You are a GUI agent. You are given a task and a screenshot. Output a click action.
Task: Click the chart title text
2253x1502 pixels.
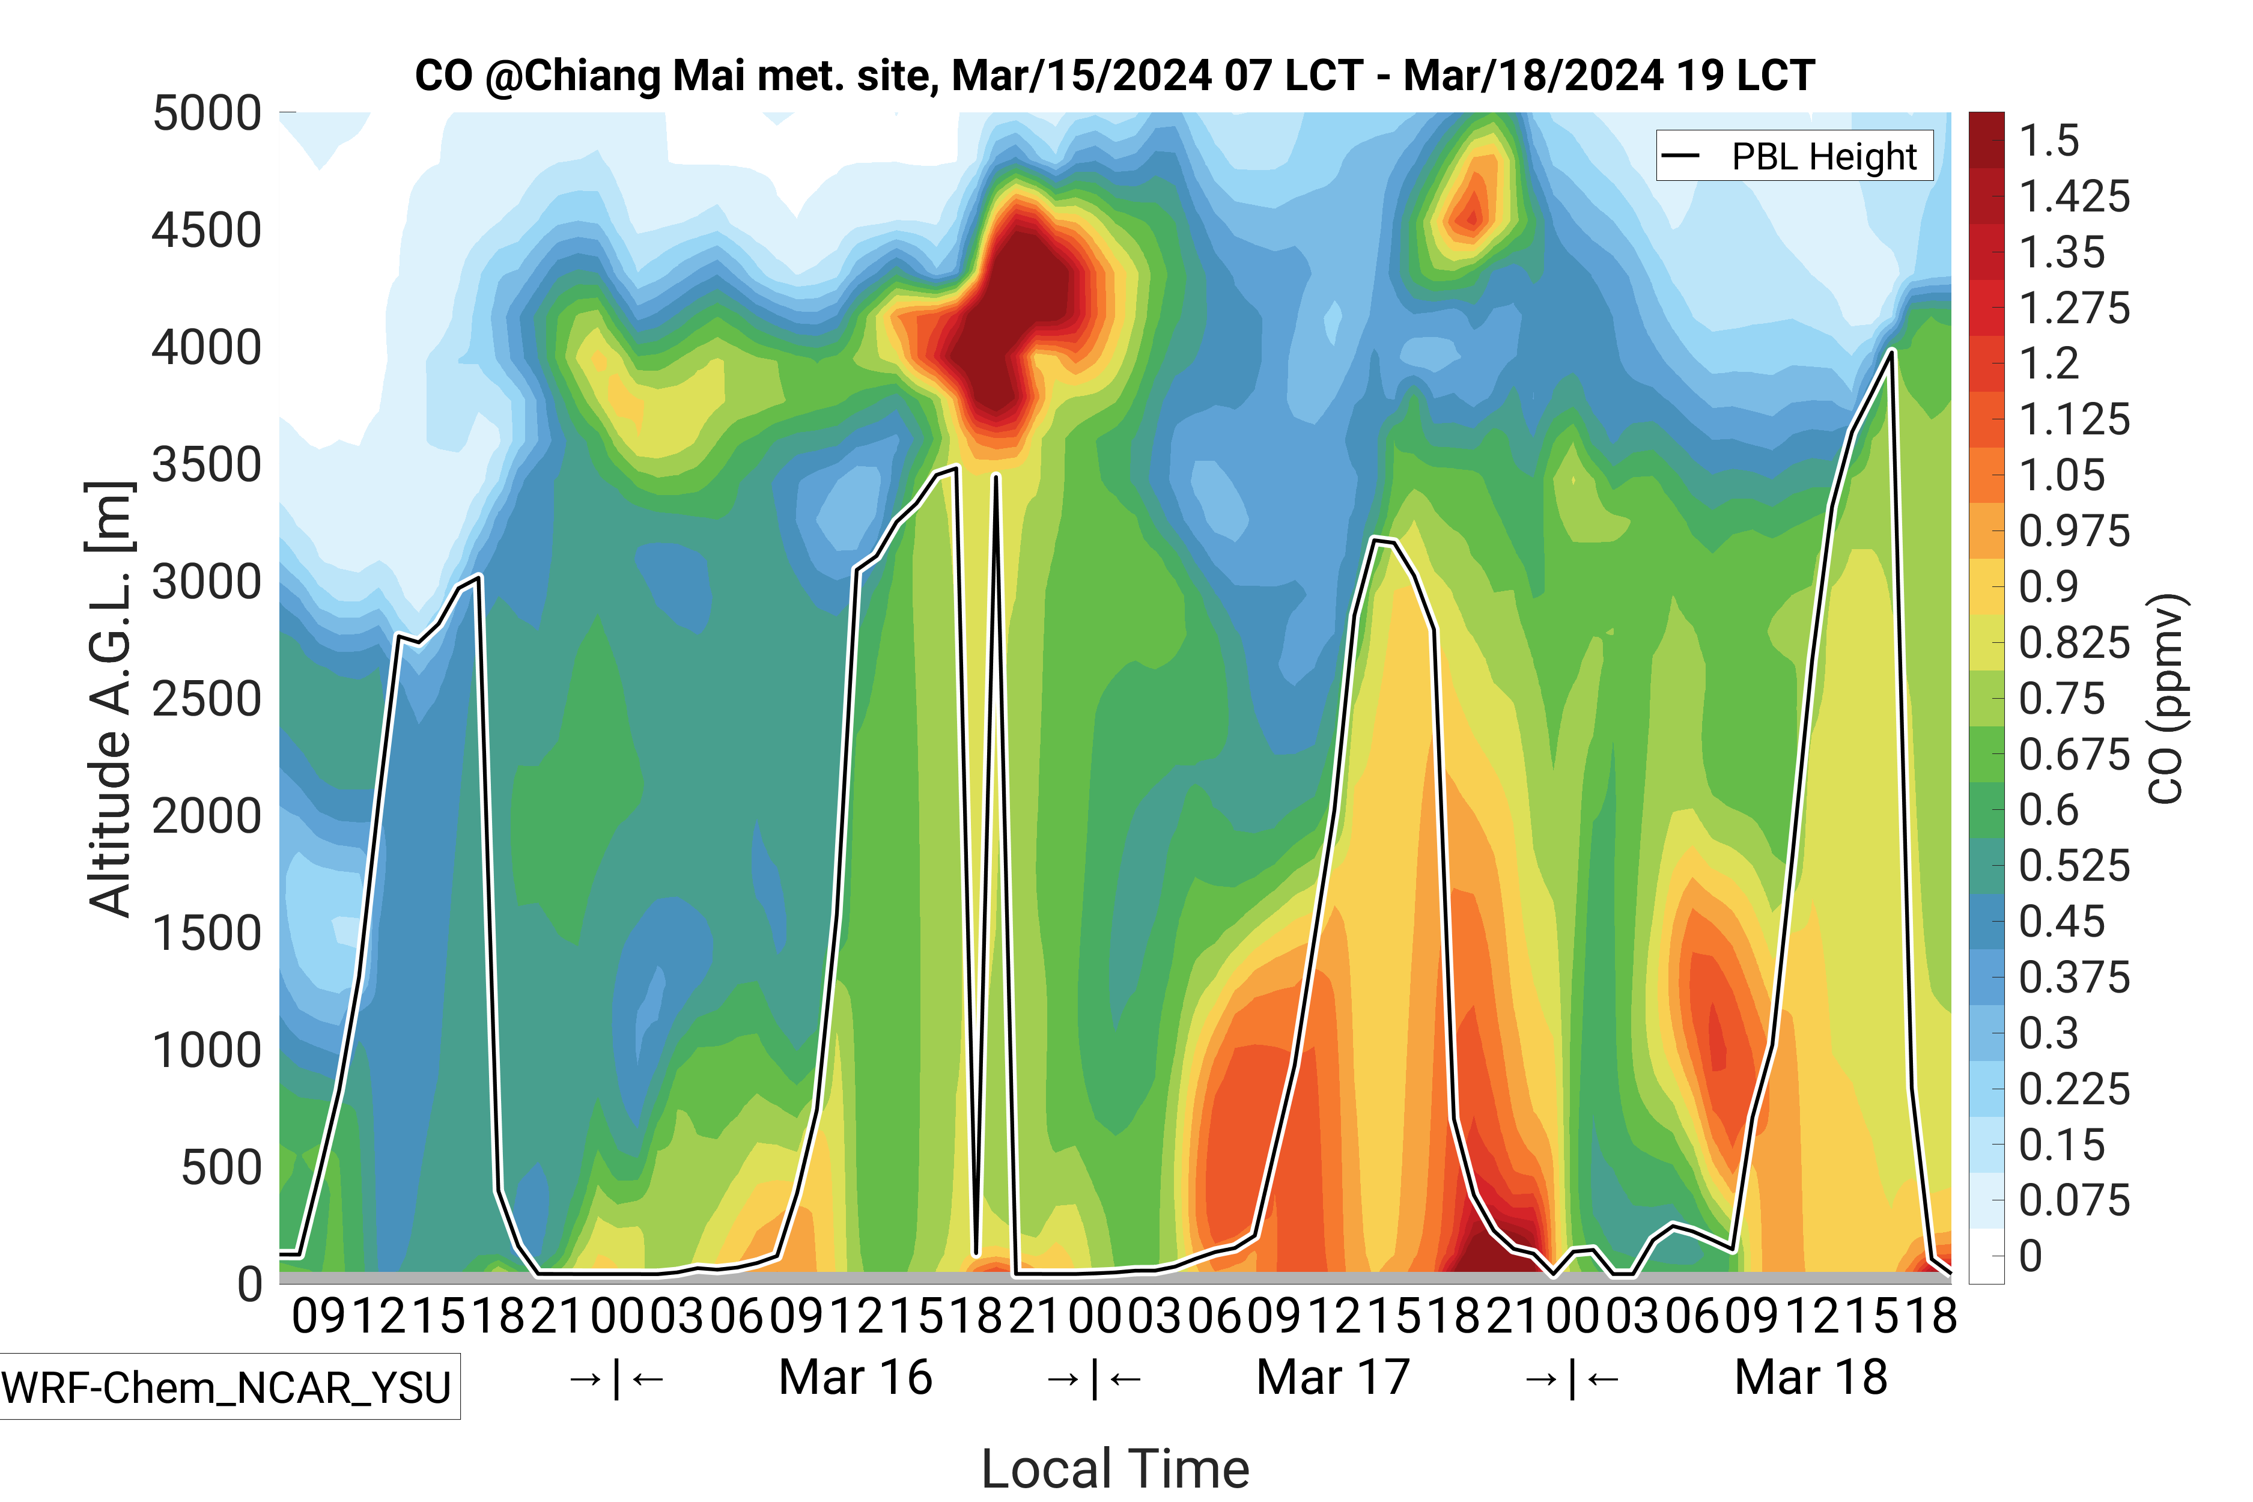[1114, 76]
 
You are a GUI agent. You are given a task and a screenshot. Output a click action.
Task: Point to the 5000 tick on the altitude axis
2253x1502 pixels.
[207, 114]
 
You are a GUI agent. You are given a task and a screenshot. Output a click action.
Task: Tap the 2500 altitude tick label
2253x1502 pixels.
[207, 699]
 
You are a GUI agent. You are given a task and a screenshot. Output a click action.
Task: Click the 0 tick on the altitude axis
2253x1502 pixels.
[249, 1285]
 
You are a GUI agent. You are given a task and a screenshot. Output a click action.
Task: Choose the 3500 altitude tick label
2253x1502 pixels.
[207, 466]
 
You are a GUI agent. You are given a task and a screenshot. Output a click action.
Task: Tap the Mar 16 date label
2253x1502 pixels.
[856, 1378]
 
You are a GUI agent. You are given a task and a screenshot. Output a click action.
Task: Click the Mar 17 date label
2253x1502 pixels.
[1333, 1378]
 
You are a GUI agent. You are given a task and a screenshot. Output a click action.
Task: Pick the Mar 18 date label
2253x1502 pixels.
[1810, 1378]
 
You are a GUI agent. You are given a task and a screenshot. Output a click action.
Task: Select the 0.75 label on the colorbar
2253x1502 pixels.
[2061, 699]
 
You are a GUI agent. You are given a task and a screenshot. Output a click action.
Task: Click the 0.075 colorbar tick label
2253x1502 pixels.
[2074, 1200]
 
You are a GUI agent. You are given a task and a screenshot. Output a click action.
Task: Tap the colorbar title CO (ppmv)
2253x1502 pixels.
[2167, 699]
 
